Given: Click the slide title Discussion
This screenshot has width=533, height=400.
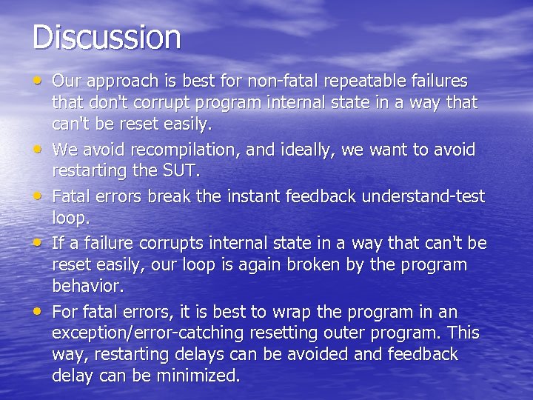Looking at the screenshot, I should coord(107,37).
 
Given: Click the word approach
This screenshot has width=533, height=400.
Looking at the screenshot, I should coord(120,80).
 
